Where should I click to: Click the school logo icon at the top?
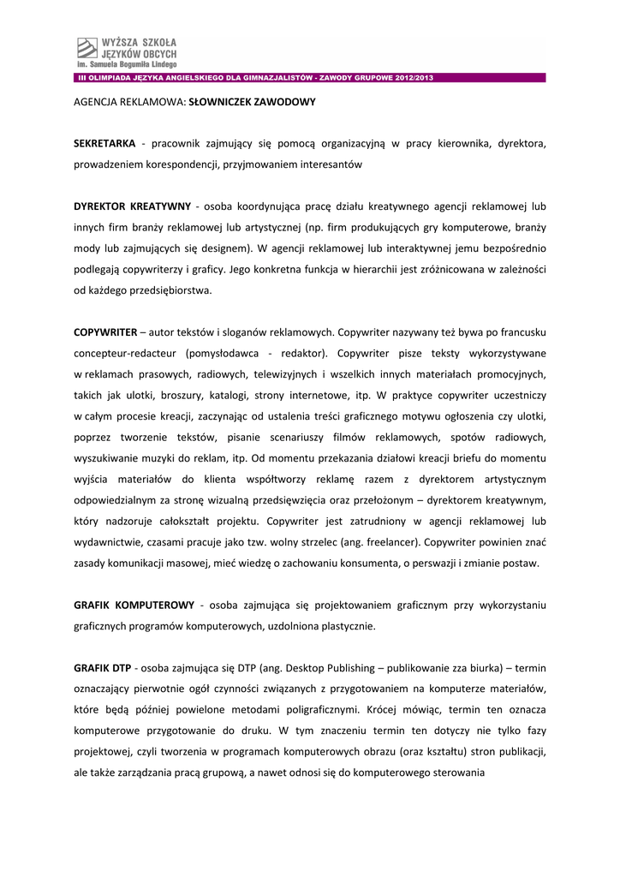86,49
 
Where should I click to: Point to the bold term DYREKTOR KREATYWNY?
132,207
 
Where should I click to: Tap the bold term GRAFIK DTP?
103,668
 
